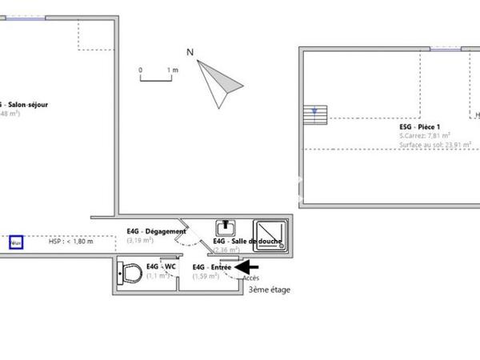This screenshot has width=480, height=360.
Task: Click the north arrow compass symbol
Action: point(219,83)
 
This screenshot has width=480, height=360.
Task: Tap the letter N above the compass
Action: point(190,53)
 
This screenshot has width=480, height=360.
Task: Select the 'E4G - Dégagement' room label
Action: point(157,231)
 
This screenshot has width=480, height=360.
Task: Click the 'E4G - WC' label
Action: point(161,266)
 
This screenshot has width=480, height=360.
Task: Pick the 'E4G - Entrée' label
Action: point(212,267)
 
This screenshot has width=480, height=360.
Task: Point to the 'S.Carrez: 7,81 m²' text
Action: point(425,136)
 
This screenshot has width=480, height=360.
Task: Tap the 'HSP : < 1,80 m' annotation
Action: point(71,242)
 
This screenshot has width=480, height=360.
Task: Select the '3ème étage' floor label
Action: point(269,290)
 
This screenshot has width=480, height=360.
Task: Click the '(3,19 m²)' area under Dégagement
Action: point(140,239)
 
